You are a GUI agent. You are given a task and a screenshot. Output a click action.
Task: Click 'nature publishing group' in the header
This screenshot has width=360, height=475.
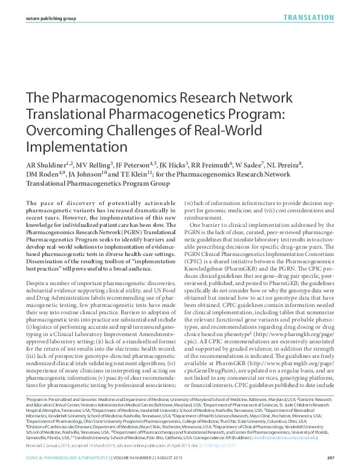click(x=51, y=19)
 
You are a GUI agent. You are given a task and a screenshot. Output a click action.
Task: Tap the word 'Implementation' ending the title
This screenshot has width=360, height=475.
click(x=76, y=147)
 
